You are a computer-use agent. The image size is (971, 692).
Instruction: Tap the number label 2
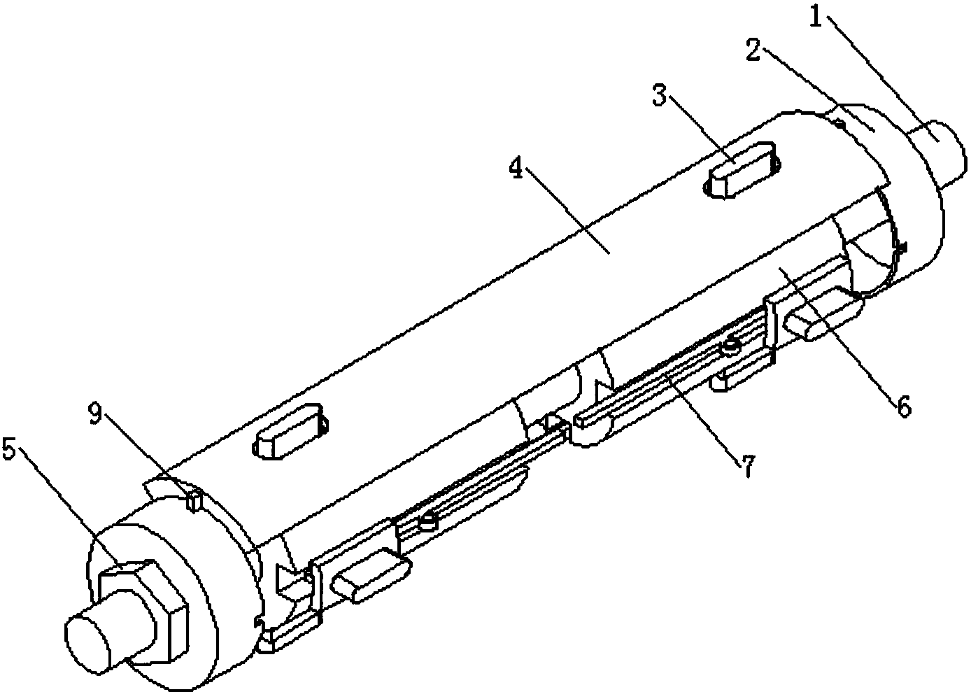(x=753, y=51)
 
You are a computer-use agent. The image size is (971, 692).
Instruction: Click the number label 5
(x=10, y=450)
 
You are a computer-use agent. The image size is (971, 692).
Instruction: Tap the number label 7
(x=746, y=466)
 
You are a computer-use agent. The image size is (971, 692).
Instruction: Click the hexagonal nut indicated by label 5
(x=143, y=613)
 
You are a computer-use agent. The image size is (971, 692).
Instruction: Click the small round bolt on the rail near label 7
(x=731, y=346)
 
